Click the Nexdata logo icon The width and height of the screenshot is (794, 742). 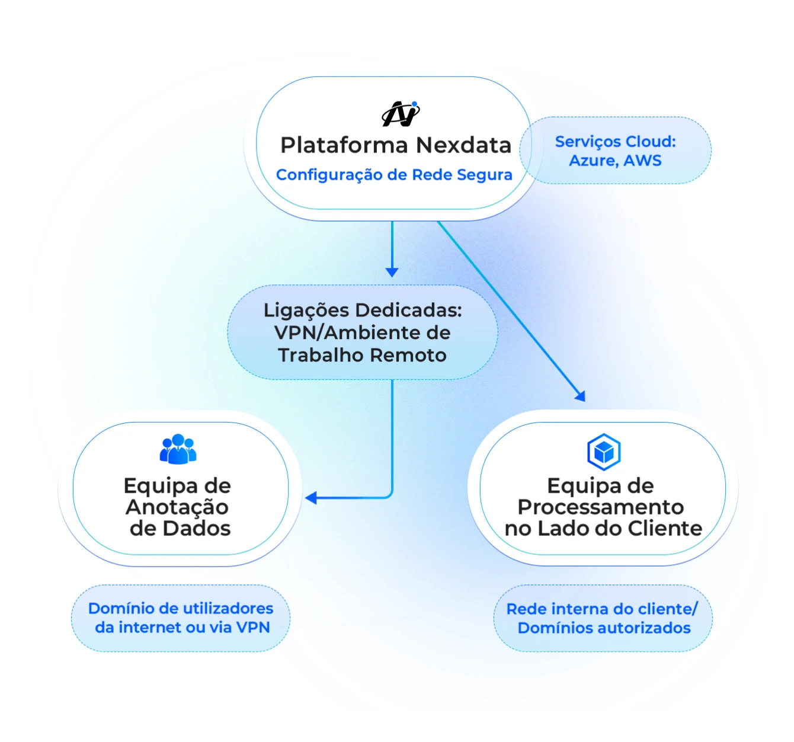pyautogui.click(x=401, y=114)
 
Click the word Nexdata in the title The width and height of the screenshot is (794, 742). pyautogui.click(x=463, y=145)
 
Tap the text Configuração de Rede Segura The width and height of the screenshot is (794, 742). pyautogui.click(x=394, y=175)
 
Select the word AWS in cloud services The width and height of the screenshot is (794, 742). pyautogui.click(x=642, y=161)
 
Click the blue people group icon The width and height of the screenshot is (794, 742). pyautogui.click(x=178, y=449)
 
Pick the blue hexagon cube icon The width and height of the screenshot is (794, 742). pyautogui.click(x=603, y=452)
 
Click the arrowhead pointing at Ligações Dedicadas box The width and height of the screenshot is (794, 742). pyautogui.click(x=392, y=272)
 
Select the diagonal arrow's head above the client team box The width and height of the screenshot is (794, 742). pyautogui.click(x=580, y=396)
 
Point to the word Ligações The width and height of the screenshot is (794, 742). pyautogui.click(x=306, y=310)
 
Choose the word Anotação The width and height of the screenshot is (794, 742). pyautogui.click(x=177, y=507)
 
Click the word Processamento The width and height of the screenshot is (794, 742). pyautogui.click(x=600, y=507)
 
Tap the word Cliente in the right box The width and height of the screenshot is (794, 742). pyautogui.click(x=665, y=528)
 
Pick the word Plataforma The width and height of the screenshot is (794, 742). pyautogui.click(x=344, y=145)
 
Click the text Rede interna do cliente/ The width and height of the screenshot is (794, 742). pyautogui.click(x=602, y=609)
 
